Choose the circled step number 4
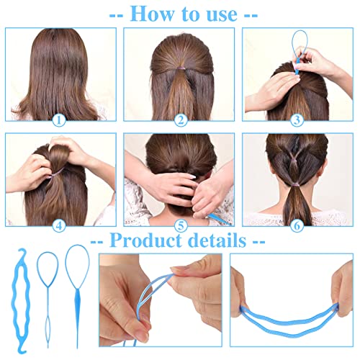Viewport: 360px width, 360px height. pos(60,223)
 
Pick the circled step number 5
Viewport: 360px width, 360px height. pos(180,224)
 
